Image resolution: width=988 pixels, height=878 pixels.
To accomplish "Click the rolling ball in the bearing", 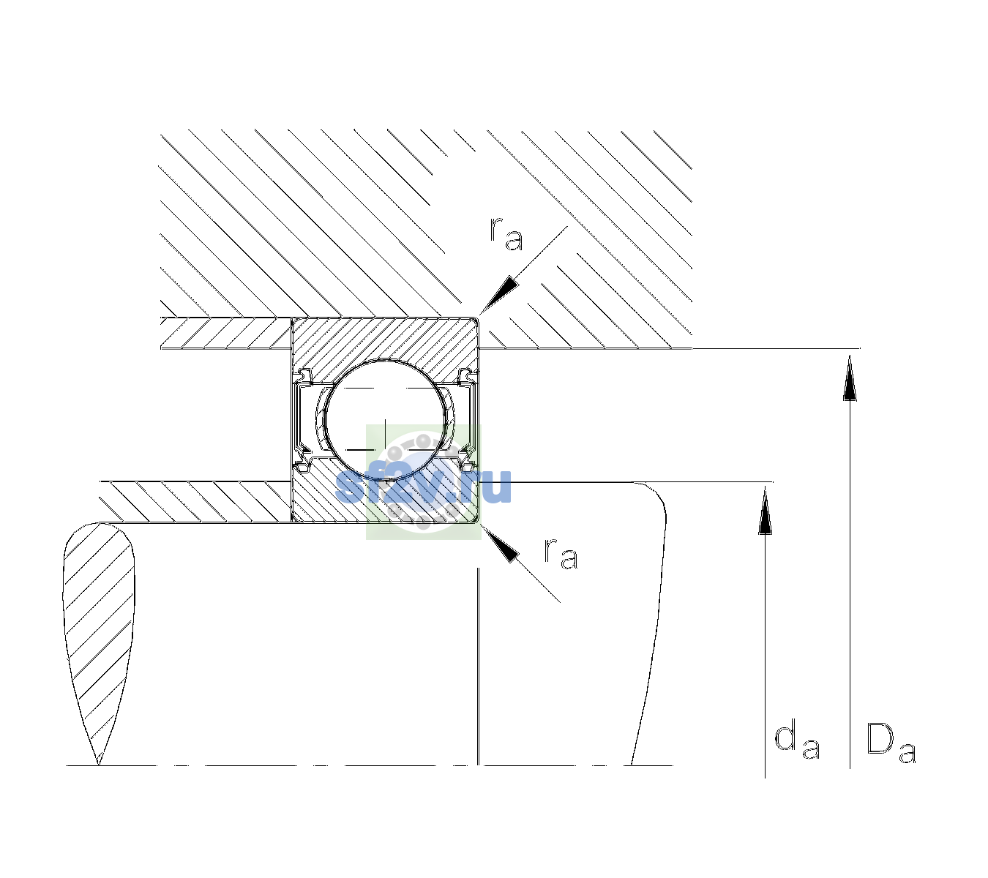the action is click(385, 420).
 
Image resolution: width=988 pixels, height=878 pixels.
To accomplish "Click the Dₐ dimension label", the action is click(891, 743).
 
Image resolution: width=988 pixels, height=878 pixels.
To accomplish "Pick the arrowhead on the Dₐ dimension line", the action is click(850, 378).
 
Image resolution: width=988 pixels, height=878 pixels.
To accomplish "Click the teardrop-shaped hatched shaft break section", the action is click(99, 634).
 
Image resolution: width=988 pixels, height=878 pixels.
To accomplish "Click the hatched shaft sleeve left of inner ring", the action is click(195, 502).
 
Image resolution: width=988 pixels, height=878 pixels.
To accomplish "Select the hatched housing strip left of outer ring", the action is click(226, 333).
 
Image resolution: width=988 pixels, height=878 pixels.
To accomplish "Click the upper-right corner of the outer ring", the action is click(479, 318).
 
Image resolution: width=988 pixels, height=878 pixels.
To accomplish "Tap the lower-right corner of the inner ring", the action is click(479, 522).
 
